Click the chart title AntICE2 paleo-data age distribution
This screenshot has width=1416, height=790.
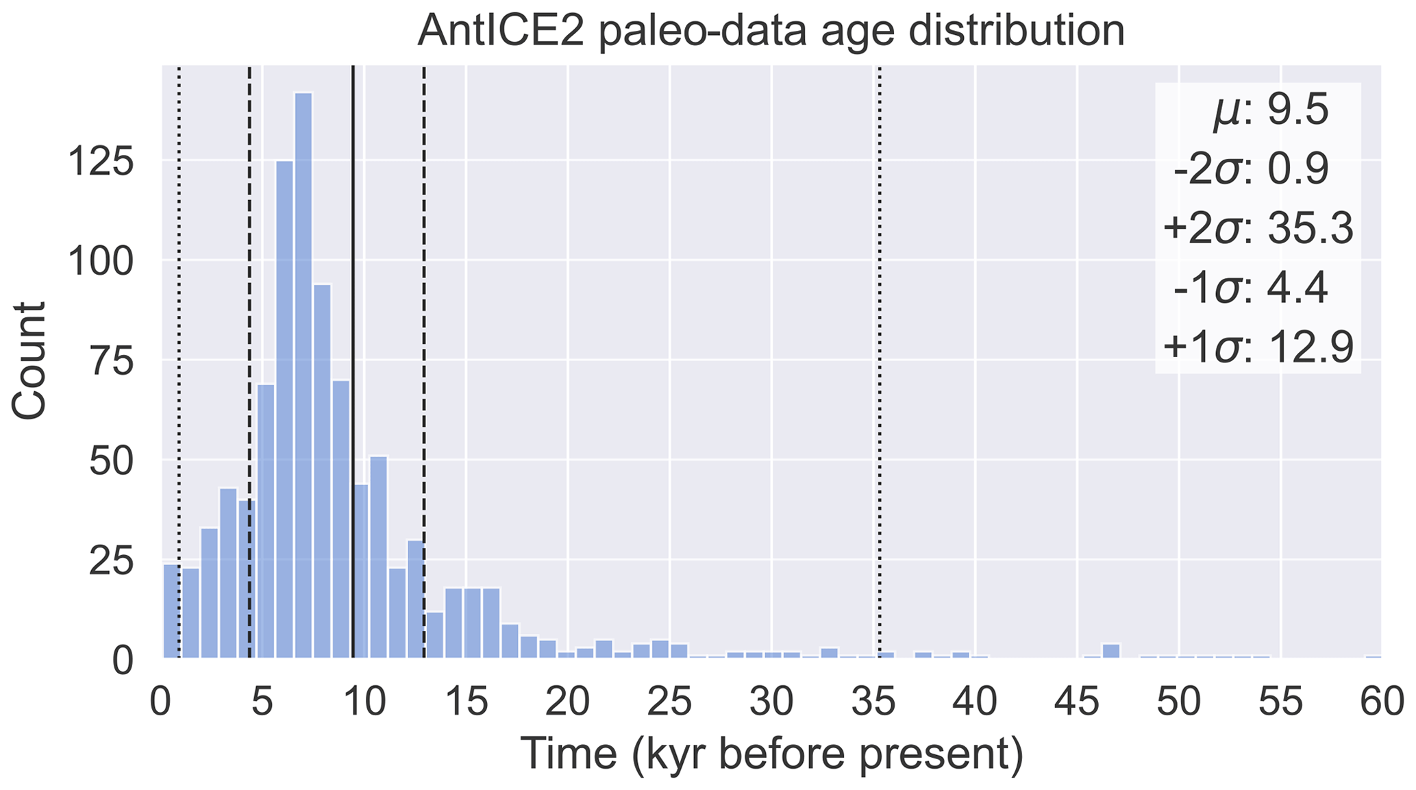coord(771,31)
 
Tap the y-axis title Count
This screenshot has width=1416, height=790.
coord(29,360)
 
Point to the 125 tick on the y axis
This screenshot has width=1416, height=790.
coord(101,161)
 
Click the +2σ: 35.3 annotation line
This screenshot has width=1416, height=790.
coord(1258,229)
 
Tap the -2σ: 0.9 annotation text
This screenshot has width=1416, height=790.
coord(1251,170)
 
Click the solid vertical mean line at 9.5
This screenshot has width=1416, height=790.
coord(353,274)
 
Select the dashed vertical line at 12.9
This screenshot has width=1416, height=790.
coord(424,308)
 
